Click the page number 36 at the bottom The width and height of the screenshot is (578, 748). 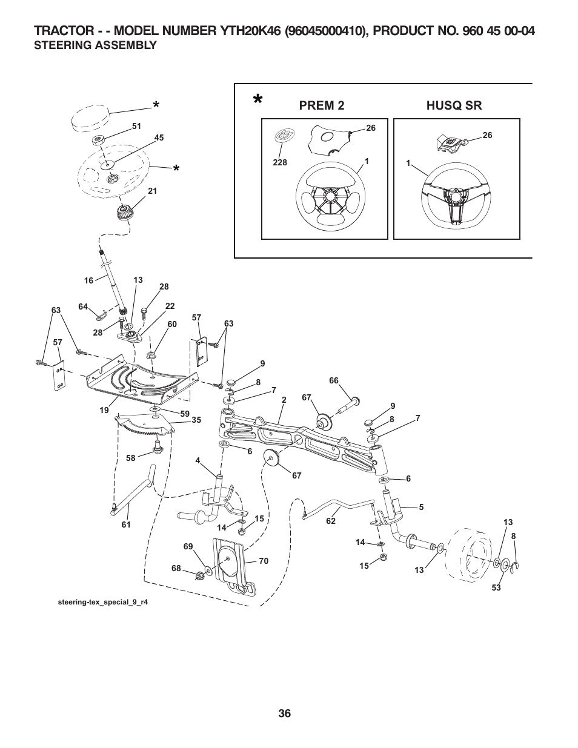point(285,713)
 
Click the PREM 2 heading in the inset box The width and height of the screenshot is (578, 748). point(322,105)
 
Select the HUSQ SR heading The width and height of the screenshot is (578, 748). point(454,105)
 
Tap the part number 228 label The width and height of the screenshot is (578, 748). point(280,163)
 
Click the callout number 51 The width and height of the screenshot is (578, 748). point(136,126)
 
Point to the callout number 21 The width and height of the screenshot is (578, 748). point(152,191)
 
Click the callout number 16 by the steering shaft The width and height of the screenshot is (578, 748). point(89,280)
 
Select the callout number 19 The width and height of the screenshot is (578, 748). point(104,410)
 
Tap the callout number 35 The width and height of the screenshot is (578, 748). point(196,420)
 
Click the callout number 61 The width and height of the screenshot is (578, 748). point(126,525)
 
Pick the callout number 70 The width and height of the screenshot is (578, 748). point(263,561)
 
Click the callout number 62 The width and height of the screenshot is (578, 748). point(331,521)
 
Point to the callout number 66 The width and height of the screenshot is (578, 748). point(334,380)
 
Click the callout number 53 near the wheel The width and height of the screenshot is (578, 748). point(496,587)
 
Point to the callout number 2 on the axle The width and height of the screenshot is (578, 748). point(284,400)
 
